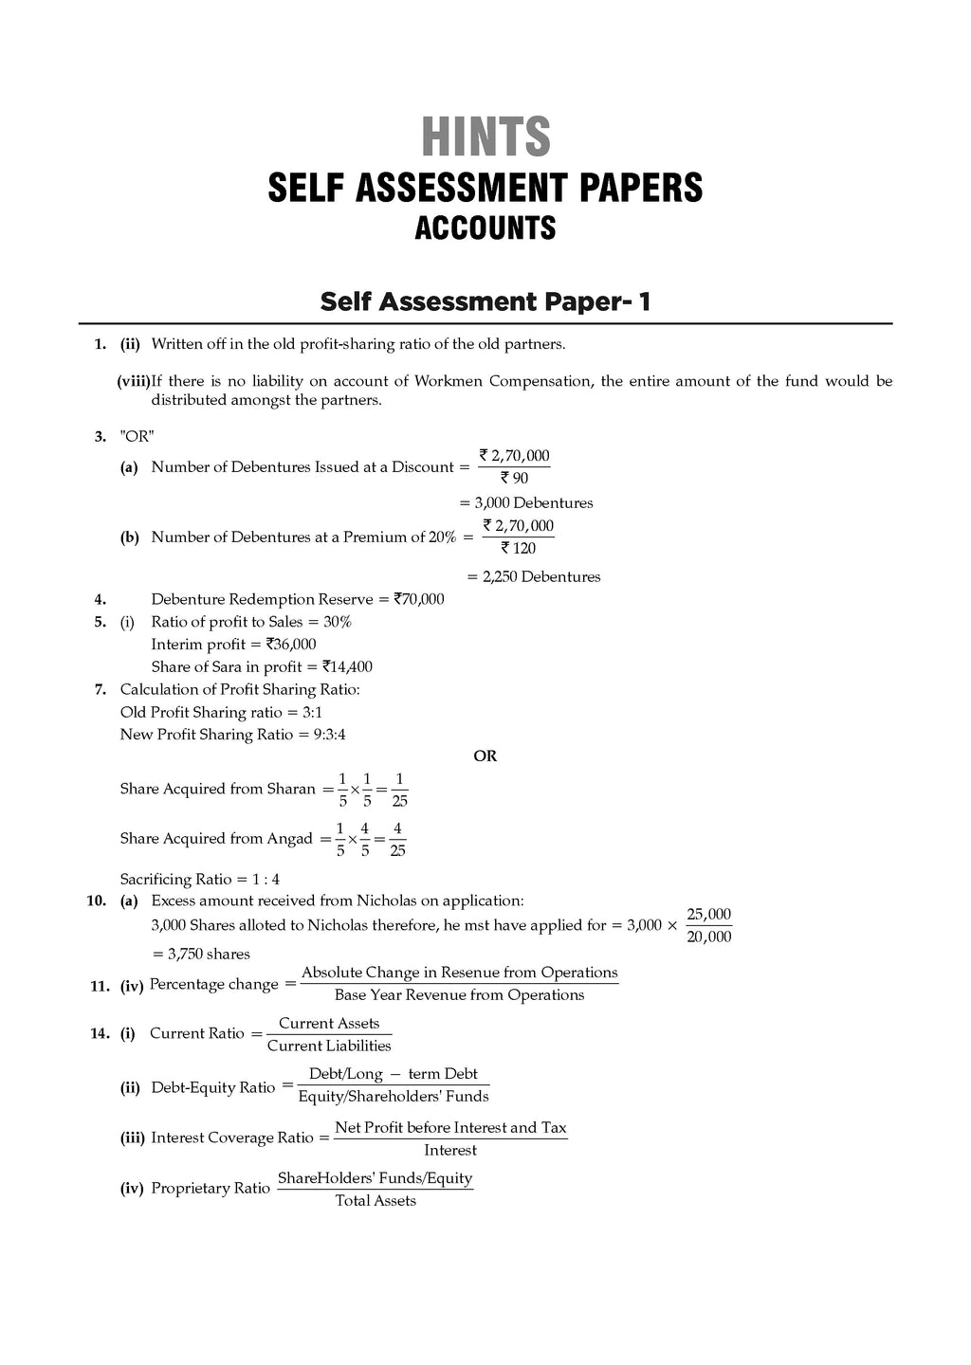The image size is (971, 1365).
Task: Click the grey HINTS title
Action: click(x=485, y=136)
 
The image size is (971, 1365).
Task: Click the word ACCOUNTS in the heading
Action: click(x=485, y=228)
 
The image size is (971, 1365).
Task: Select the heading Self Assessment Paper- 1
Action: click(x=485, y=301)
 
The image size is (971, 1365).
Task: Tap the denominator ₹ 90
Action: click(x=514, y=479)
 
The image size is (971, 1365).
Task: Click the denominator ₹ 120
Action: click(x=518, y=548)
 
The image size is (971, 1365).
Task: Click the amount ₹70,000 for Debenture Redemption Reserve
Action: click(x=418, y=599)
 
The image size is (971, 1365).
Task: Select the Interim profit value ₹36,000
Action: click(x=291, y=645)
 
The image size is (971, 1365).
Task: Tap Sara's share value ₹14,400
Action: click(x=347, y=666)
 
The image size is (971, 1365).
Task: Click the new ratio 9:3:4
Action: click(x=321, y=735)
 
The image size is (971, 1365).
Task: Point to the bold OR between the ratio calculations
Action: click(x=485, y=756)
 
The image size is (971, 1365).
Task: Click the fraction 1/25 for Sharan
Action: click(x=399, y=790)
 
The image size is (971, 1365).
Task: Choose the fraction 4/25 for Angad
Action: click(x=397, y=839)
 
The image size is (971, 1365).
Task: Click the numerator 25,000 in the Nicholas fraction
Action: click(x=708, y=915)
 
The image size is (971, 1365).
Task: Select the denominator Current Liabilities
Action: click(x=329, y=1046)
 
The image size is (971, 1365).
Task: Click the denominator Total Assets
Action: click(x=376, y=1200)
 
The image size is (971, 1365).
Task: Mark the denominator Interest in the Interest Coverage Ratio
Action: click(x=450, y=1150)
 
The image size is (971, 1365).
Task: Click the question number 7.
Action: click(x=100, y=689)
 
